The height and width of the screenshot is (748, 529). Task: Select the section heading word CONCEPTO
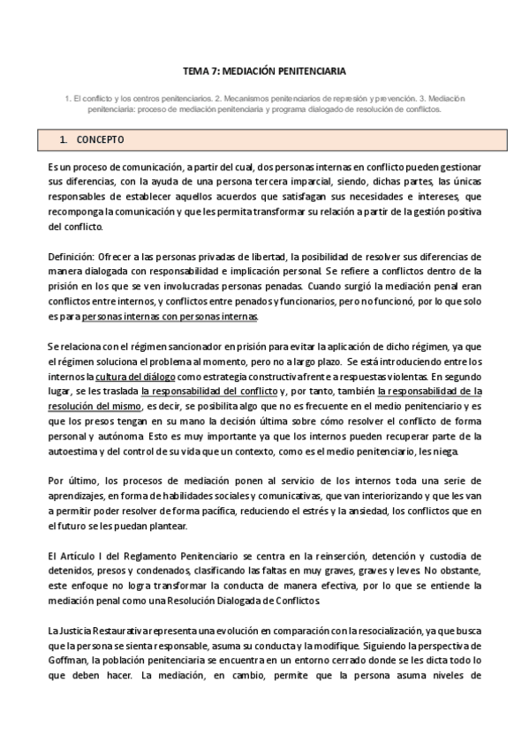[x=100, y=140]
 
